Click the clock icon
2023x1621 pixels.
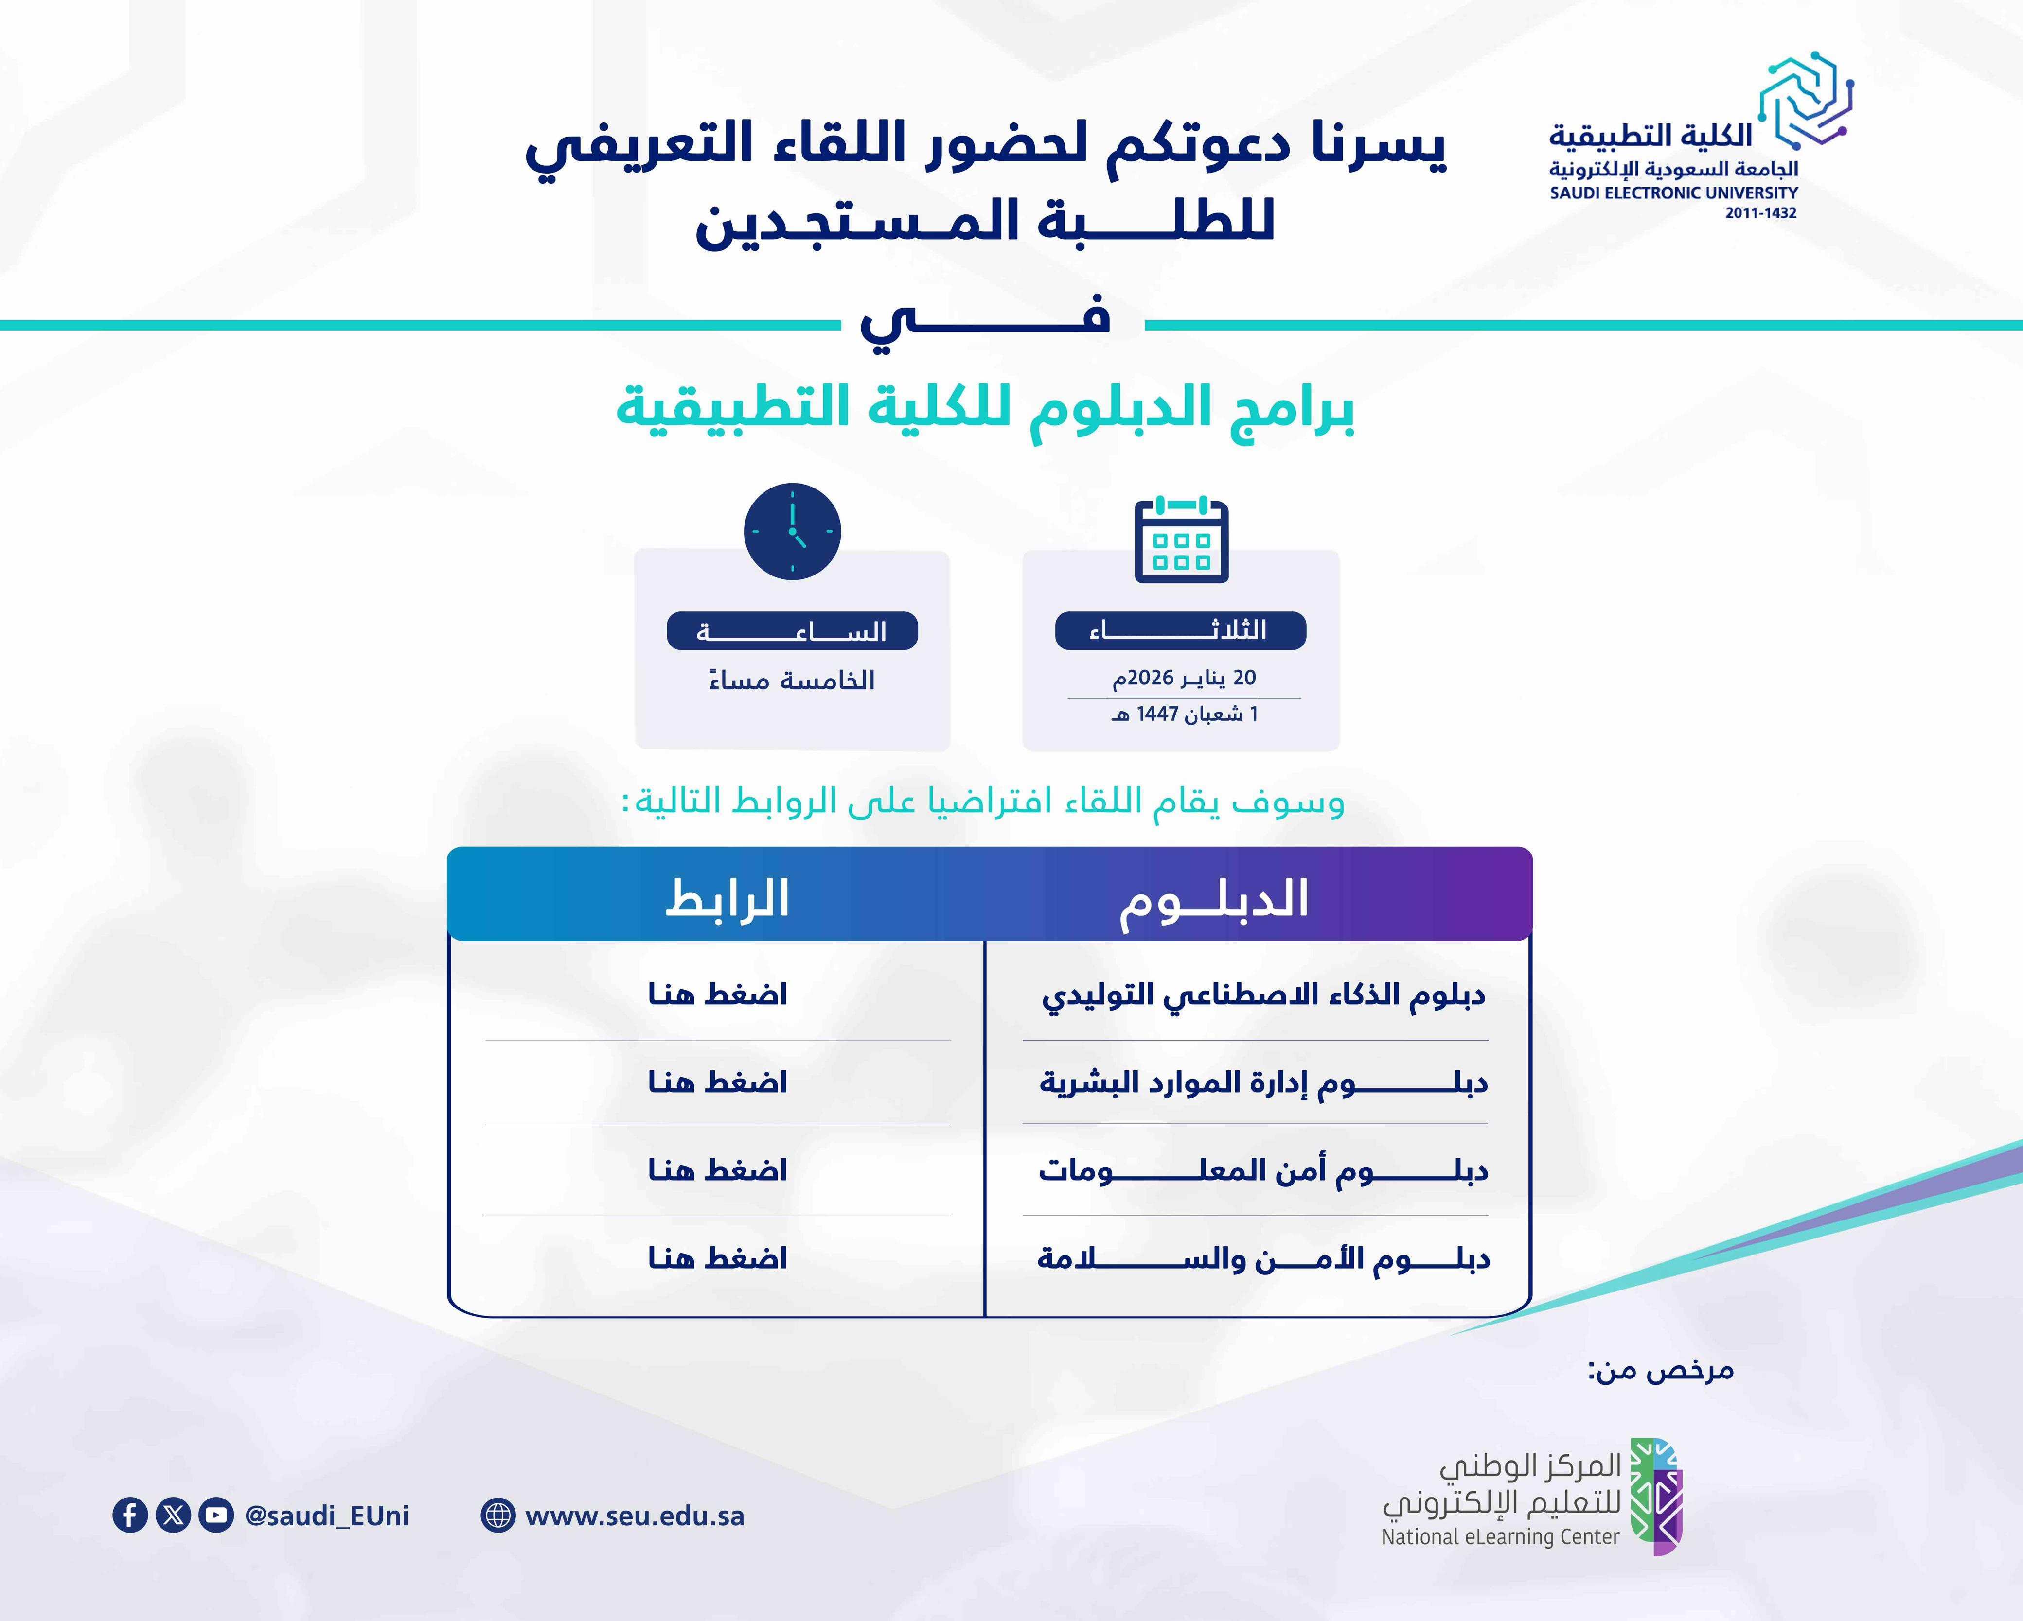tap(792, 531)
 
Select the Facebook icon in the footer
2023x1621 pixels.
tap(130, 1515)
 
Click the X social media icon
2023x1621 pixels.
tap(173, 1515)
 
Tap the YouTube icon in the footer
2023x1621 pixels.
tap(216, 1515)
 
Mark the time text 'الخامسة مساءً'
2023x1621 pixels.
tap(792, 679)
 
